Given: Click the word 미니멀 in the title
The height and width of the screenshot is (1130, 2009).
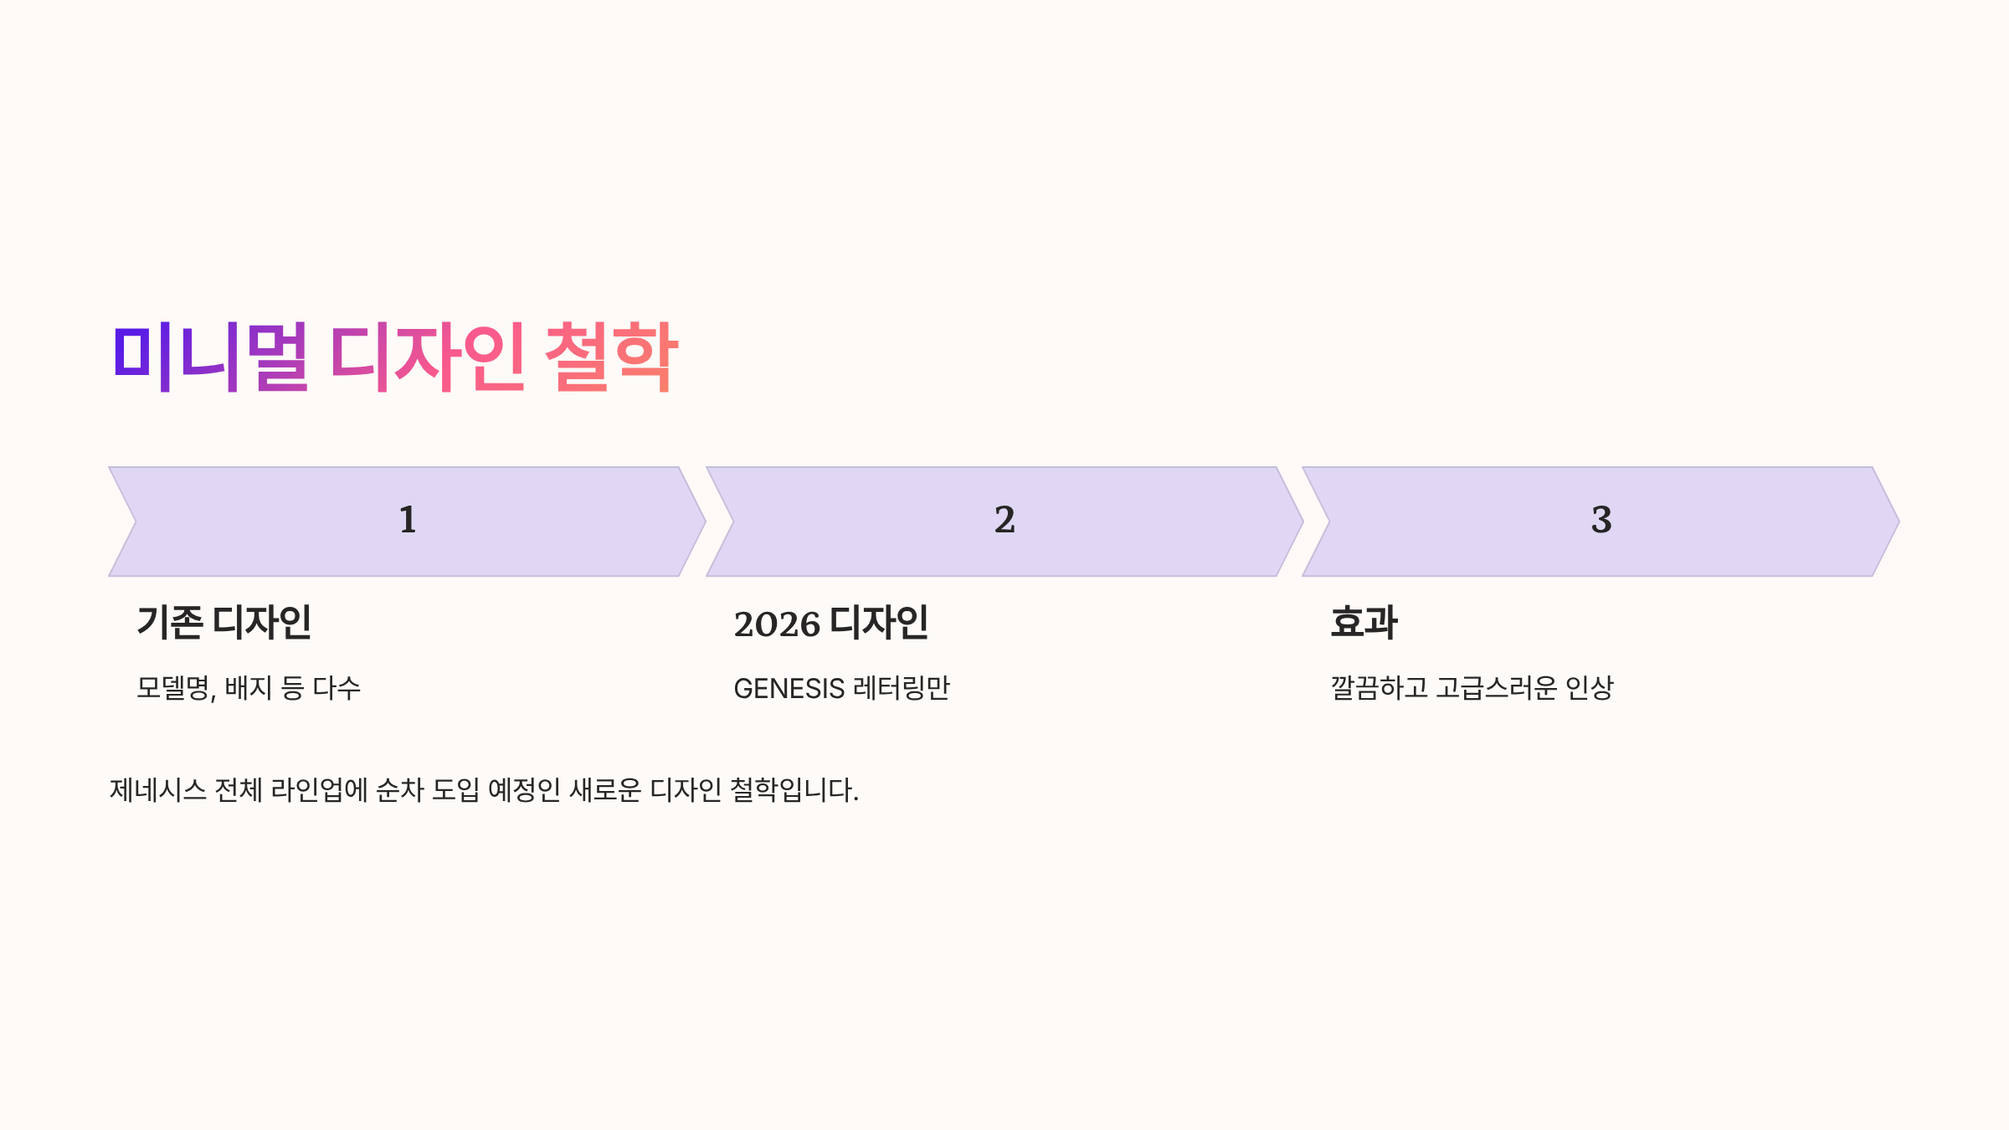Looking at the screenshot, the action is [210, 357].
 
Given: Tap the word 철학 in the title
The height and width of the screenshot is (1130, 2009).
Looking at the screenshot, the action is [611, 357].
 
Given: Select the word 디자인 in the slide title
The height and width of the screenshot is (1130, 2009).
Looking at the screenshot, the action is [427, 357].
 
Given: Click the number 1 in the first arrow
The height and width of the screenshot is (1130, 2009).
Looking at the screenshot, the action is [408, 520].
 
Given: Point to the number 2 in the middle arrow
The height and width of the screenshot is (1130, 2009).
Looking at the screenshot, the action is [1004, 520].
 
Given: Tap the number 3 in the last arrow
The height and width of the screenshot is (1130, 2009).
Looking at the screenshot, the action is [1601, 520].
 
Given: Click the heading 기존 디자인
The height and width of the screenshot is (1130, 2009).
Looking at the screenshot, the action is [224, 623].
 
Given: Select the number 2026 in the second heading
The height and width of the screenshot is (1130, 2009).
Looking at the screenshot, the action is [777, 624].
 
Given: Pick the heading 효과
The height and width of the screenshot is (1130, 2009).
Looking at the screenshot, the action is [1364, 623].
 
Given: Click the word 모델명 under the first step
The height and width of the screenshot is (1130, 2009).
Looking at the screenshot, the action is [174, 688].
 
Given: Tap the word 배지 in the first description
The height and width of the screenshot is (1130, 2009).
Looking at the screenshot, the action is [249, 688].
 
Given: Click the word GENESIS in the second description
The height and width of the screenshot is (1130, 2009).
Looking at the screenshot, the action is [789, 689].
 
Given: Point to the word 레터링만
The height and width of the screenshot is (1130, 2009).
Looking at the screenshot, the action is [902, 688].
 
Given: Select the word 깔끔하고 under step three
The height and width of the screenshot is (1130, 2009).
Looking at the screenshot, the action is [1379, 688].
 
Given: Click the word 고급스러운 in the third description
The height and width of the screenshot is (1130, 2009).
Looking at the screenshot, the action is [1497, 688].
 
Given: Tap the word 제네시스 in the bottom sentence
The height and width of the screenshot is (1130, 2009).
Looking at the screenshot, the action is [158, 790].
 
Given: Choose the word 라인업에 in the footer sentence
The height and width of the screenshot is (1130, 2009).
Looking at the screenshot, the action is [320, 790].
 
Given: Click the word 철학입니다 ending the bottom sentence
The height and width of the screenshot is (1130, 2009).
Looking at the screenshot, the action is [793, 790].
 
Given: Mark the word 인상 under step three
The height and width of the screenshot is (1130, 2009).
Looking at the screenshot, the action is [1589, 688].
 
